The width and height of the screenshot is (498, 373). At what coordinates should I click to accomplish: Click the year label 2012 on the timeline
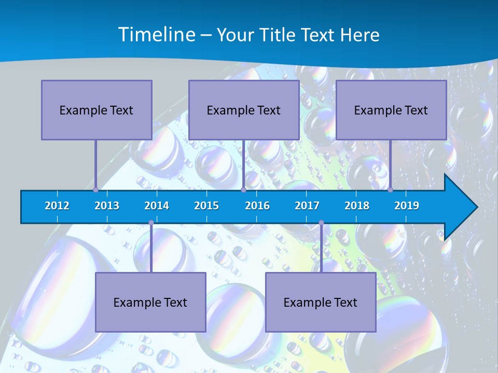57,206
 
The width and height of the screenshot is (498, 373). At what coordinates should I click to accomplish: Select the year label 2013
107,206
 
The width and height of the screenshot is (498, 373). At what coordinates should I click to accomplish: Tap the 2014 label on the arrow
157,206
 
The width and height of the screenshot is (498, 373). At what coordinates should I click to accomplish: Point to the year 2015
206,206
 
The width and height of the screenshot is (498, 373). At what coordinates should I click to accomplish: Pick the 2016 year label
257,206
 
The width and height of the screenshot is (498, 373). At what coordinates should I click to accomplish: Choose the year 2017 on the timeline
307,206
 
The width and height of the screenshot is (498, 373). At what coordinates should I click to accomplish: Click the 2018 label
357,206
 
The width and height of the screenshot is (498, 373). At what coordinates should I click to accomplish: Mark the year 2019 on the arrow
407,206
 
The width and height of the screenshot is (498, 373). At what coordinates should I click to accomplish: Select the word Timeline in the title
156,35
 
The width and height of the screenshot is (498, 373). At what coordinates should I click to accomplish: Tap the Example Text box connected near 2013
96,110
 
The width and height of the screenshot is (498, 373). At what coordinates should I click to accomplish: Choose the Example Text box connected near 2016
244,110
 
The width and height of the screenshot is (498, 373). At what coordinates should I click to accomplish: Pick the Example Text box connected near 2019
391,110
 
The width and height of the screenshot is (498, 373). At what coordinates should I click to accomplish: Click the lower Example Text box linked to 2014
150,303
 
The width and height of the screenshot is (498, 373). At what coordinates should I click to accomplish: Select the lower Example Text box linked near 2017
321,303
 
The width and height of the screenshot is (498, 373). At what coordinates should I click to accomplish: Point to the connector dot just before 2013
95,190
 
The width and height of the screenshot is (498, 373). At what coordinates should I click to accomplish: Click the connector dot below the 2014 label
151,223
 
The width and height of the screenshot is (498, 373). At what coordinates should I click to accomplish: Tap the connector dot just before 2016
243,190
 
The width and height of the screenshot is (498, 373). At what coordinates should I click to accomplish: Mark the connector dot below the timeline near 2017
321,223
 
